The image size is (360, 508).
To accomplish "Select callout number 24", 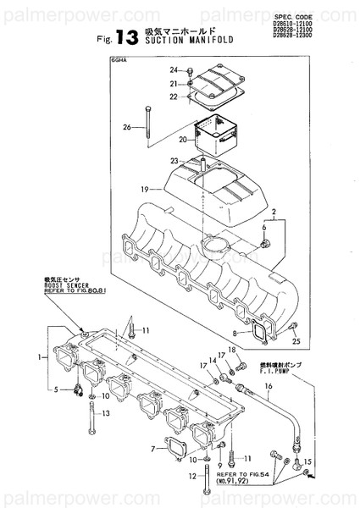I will pyautogui.click(x=173, y=69).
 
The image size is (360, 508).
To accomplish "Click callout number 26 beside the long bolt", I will pyautogui.click(x=127, y=128).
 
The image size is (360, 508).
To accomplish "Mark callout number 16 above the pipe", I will pyautogui.click(x=269, y=386).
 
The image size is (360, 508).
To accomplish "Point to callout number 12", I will pyautogui.click(x=194, y=478).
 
